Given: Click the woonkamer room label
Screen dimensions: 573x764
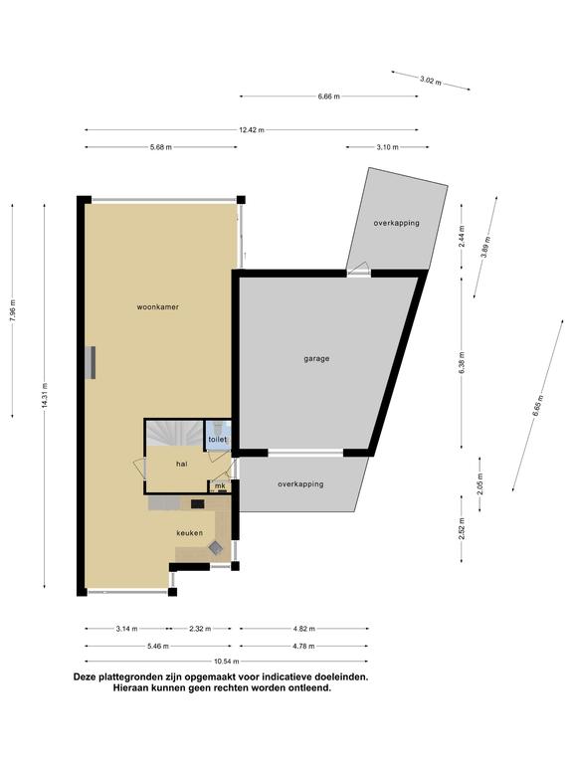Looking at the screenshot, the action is click(157, 307).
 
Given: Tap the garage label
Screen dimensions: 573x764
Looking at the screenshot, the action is click(316, 358).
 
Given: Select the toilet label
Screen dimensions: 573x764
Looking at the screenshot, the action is click(217, 440).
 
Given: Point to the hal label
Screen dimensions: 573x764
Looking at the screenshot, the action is click(182, 464).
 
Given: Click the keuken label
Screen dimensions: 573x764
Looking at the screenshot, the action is click(190, 533).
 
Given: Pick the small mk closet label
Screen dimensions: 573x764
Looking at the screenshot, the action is click(220, 485).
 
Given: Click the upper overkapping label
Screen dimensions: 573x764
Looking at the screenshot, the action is click(397, 223).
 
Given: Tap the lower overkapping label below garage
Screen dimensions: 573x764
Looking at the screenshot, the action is click(300, 484).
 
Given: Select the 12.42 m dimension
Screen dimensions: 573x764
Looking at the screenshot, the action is click(252, 130).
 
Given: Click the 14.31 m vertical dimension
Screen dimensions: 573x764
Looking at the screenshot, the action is click(45, 396).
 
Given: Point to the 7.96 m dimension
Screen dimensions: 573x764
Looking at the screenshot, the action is click(13, 310).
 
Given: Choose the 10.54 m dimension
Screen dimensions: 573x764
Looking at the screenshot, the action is click(227, 662).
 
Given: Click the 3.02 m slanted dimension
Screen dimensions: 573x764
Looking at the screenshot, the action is click(431, 81).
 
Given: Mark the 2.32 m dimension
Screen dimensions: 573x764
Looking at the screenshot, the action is click(200, 629).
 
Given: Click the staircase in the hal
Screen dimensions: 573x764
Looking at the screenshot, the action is click(174, 433).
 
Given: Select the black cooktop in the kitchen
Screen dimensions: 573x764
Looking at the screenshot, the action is click(197, 503).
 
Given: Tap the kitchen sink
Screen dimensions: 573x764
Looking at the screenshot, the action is click(215, 548).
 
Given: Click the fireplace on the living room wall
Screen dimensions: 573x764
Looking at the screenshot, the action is click(91, 362).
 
